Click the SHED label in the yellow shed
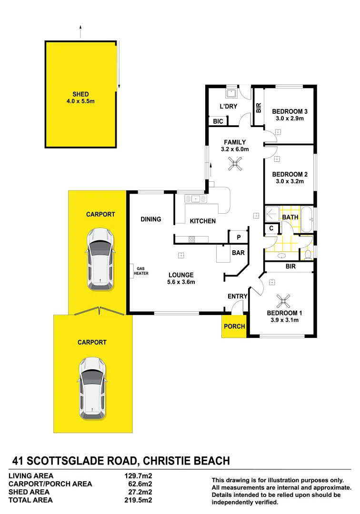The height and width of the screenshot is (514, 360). point(80,94)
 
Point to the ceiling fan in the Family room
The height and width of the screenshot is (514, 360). point(234,165)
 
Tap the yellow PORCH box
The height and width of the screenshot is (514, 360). point(234,326)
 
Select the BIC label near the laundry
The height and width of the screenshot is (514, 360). point(218,122)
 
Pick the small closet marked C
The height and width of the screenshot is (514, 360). point(271,229)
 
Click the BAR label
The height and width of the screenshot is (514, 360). point(238,253)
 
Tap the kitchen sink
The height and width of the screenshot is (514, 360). point(196,198)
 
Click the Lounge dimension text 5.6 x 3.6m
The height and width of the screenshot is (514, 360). point(181,282)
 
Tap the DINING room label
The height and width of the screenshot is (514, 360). point(151,219)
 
